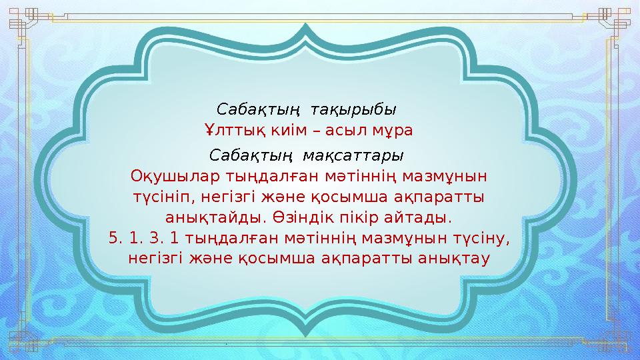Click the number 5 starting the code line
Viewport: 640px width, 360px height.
pos(112,237)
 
